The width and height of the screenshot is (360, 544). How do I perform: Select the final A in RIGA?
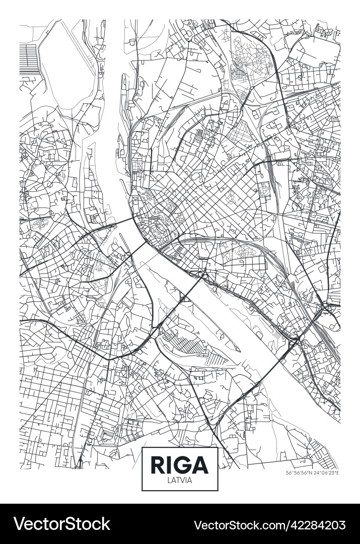click(200, 464)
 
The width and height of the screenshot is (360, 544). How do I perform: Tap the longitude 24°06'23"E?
click(327, 472)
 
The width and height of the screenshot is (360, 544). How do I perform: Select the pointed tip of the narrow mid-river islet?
click(240, 350)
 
